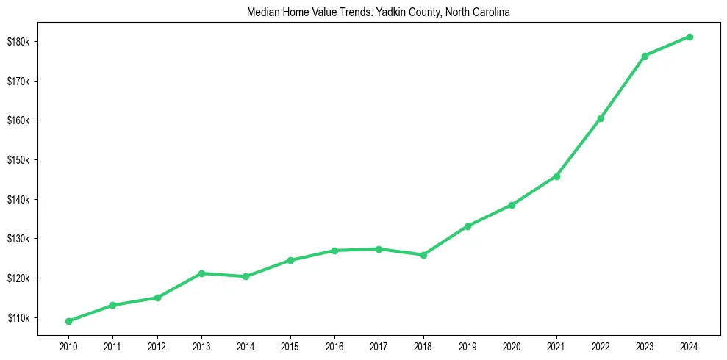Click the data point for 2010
[68, 321]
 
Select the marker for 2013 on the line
[201, 273]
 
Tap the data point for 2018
[423, 255]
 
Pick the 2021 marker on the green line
[556, 176]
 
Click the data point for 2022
[601, 118]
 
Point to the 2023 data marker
[645, 56]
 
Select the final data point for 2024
[690, 37]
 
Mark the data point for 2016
[334, 251]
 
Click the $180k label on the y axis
[18, 41]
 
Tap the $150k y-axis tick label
[18, 160]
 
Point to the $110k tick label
[18, 318]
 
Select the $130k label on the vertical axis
[18, 239]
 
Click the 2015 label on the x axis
[290, 345]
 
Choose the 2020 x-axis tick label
[512, 345]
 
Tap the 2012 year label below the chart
[157, 345]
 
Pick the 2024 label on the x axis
[690, 345]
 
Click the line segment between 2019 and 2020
[490, 216]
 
